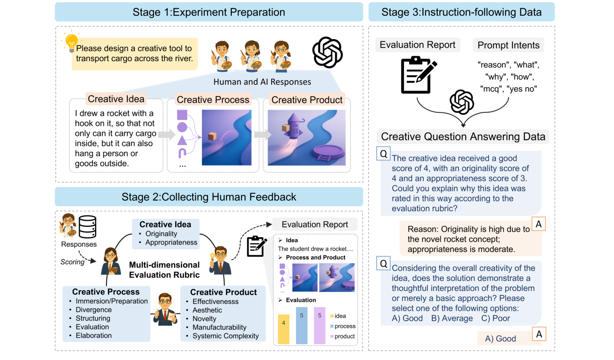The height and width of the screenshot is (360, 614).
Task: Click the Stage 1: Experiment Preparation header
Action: (209, 12)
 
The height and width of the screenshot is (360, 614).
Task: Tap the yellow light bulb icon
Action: (72, 42)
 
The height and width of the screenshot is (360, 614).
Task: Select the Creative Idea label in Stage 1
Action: (116, 99)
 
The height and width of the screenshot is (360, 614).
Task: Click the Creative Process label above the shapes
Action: (213, 100)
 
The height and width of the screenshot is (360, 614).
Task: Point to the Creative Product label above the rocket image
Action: (307, 100)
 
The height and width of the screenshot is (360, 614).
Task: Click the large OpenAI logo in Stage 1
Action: (327, 52)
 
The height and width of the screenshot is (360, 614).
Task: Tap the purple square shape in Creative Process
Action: (182, 115)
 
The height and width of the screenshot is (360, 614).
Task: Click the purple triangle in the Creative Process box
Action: (182, 140)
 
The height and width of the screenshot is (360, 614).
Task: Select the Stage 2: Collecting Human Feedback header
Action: (209, 197)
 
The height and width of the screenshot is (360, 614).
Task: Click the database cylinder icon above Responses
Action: (87, 227)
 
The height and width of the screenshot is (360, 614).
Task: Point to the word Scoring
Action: (73, 262)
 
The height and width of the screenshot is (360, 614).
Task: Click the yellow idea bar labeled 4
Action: (284, 329)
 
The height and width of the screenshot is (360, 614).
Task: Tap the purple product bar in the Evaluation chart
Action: (319, 325)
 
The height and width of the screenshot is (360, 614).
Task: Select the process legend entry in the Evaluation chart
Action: (343, 326)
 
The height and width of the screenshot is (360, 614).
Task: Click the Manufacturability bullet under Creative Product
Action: (219, 327)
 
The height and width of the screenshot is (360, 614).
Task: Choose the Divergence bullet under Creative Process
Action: (93, 310)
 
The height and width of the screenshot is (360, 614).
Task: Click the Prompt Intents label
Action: (508, 45)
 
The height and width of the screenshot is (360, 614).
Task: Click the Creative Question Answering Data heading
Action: (463, 137)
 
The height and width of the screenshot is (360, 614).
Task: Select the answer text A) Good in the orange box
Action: (500, 339)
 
